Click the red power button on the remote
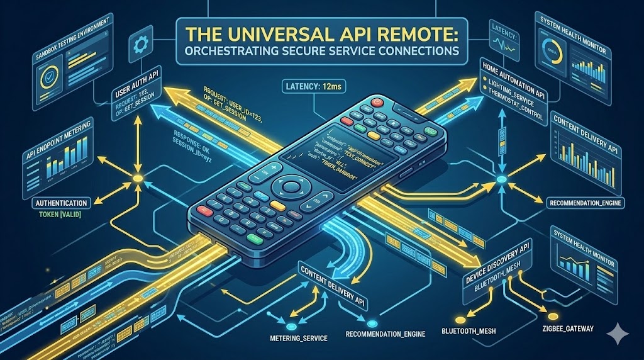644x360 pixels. pyautogui.click(x=378, y=101)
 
